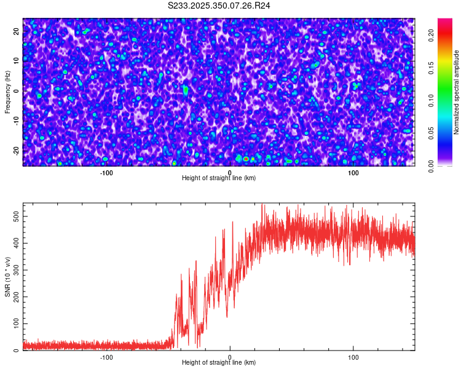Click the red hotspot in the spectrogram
[246, 159]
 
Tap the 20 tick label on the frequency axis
[17, 30]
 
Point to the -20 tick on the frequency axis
[17, 150]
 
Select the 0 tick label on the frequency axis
[17, 90]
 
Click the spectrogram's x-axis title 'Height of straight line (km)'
[219, 178]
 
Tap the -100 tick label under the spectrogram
[106, 172]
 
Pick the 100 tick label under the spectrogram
[353, 172]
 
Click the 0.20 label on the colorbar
[431, 36]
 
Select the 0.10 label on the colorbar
[431, 101]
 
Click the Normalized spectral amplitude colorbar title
[457, 92]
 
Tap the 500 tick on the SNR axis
[17, 216]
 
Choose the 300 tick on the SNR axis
[17, 270]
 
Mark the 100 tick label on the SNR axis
[17, 323]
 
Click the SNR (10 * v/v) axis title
[7, 277]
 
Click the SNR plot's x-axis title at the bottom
[219, 362]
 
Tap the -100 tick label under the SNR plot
[106, 357]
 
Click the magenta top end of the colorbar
[444, 21]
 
